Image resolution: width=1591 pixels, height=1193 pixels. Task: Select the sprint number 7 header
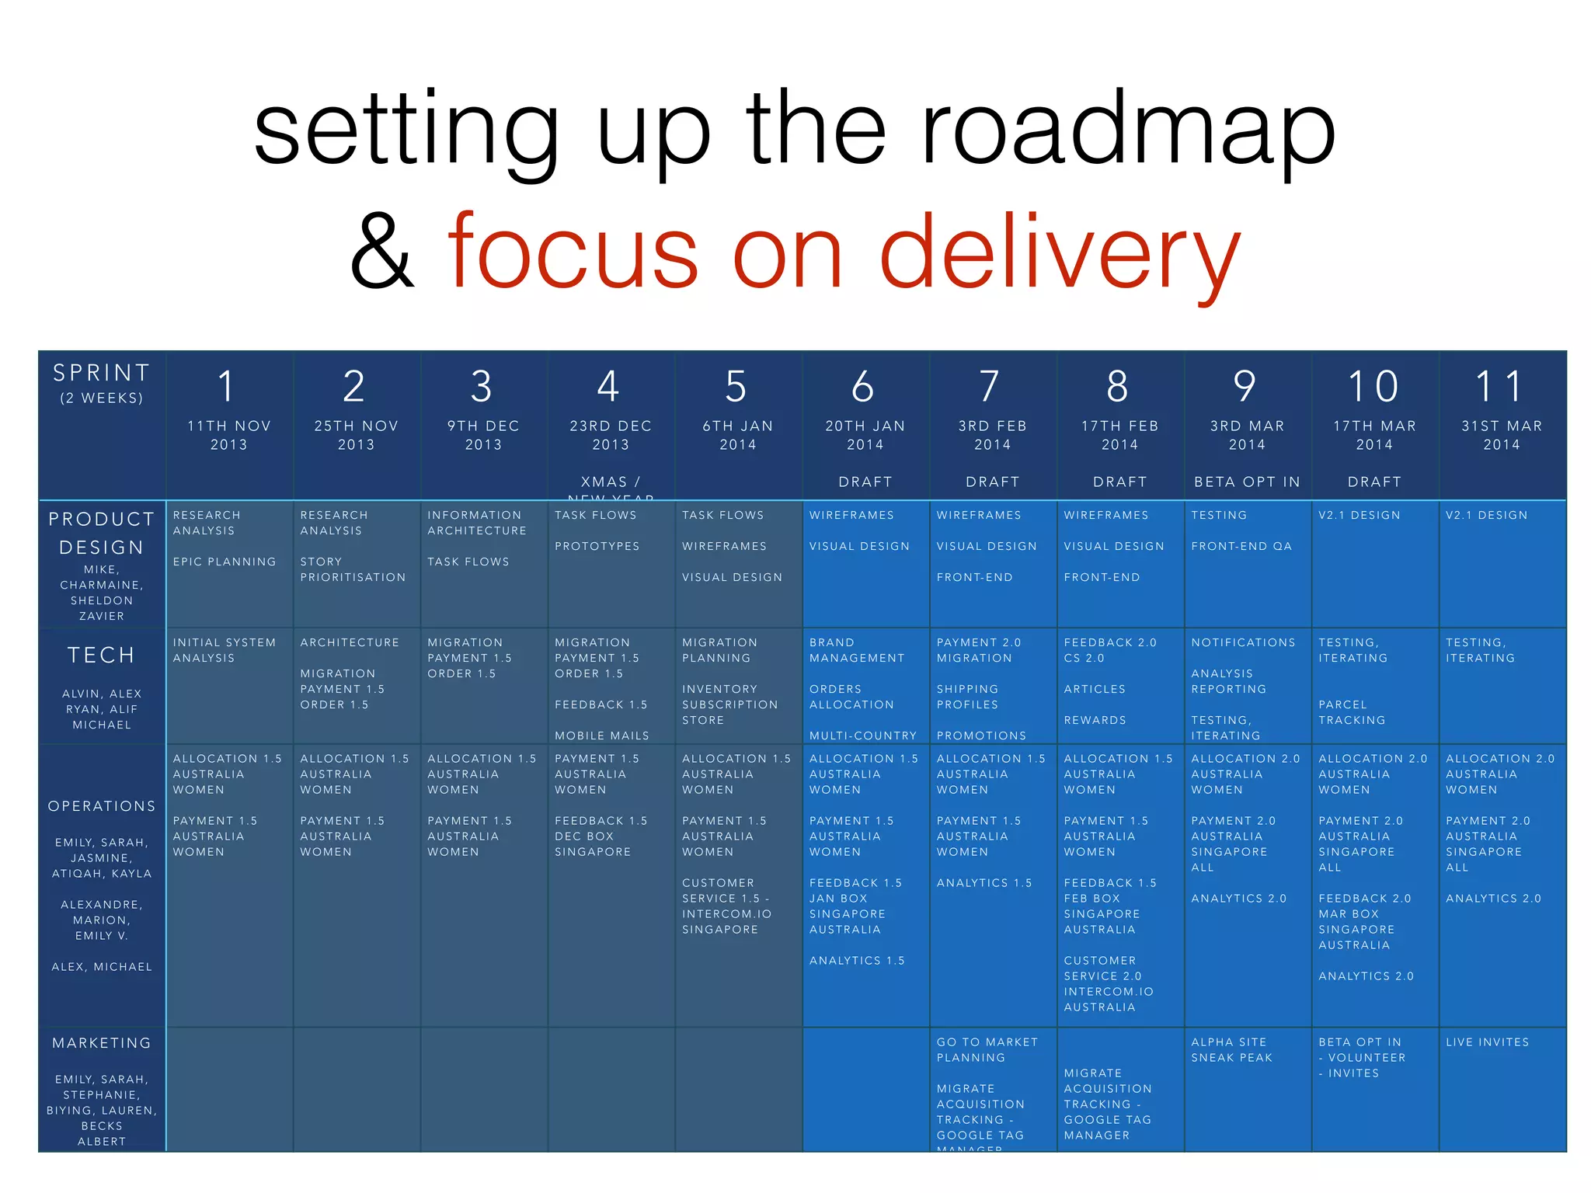tap(990, 387)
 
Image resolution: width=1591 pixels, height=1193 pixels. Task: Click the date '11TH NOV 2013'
tap(228, 435)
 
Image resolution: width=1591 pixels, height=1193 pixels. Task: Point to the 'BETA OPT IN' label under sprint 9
tap(1247, 482)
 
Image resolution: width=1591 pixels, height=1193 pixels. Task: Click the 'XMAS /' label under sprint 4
tap(611, 482)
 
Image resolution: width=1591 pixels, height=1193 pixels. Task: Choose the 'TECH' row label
tap(101, 656)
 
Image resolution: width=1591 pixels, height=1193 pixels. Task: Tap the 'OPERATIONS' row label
tap(102, 806)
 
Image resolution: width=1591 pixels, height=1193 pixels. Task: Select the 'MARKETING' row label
tap(102, 1043)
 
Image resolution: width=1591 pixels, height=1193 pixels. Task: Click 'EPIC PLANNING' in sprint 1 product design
tap(225, 562)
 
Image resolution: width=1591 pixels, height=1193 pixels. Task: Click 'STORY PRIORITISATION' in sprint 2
tap(353, 569)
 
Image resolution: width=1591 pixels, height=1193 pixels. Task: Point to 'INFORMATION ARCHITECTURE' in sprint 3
tap(477, 523)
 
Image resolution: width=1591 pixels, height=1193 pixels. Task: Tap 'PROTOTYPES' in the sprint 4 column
tap(597, 546)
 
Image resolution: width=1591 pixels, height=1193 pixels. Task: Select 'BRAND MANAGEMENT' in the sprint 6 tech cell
tap(857, 650)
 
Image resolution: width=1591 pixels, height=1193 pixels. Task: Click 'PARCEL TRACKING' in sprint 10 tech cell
tap(1352, 712)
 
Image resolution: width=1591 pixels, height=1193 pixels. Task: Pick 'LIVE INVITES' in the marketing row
tap(1487, 1042)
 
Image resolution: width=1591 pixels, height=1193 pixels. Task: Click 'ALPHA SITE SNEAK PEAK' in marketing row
tap(1231, 1050)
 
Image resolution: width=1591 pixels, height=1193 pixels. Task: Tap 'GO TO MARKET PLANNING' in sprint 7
tap(987, 1050)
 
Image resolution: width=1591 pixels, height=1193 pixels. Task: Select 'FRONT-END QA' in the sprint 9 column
tap(1241, 546)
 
